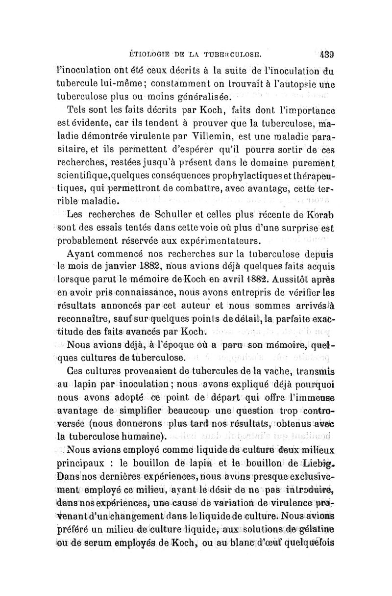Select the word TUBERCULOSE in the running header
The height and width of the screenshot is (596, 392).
click(x=238, y=50)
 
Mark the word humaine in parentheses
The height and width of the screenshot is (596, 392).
click(x=142, y=437)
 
